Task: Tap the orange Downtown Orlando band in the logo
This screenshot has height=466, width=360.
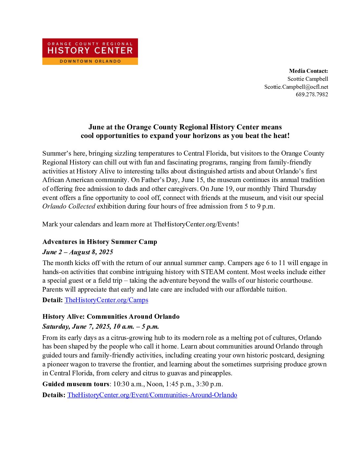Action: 90,61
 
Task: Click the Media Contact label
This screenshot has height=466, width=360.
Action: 308,71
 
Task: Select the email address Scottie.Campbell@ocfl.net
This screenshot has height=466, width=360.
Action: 296,87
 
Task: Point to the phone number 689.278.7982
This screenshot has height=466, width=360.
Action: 312,94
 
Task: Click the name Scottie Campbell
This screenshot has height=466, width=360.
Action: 308,79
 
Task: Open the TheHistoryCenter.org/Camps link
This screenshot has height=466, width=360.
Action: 106,300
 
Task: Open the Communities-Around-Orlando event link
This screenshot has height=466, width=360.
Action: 152,395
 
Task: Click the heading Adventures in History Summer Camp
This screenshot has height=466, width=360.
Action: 100,242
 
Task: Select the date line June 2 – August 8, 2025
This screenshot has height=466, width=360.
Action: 78,252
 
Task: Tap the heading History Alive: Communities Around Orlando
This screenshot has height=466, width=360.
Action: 111,316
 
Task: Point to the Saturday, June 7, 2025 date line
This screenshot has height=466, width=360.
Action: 101,326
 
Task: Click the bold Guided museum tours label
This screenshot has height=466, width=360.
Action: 76,384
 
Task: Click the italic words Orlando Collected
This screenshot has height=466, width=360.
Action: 69,206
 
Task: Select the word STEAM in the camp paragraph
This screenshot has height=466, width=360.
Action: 213,272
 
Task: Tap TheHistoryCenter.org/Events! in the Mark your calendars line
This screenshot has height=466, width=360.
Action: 196,224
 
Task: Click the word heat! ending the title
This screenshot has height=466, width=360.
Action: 281,136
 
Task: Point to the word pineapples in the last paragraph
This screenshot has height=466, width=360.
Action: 215,373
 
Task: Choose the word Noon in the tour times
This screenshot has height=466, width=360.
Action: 155,384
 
